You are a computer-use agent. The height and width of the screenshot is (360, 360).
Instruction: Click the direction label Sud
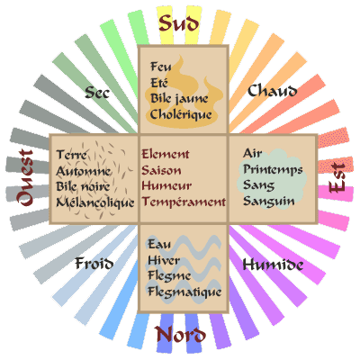click(179, 23)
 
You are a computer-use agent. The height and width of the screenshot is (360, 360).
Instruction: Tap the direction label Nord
click(180, 335)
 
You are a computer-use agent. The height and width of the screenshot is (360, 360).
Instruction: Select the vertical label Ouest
click(24, 177)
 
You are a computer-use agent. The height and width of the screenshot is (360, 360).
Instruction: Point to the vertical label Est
click(337, 177)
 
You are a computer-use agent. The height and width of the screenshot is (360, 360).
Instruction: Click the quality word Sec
click(97, 93)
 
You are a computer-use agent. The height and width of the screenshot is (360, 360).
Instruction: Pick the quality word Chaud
click(273, 90)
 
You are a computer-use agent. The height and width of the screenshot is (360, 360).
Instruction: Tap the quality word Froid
click(94, 263)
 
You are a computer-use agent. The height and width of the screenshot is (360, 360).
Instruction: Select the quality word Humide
click(273, 265)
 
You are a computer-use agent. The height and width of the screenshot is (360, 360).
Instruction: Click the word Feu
click(161, 67)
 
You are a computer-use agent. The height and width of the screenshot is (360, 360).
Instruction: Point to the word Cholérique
click(181, 114)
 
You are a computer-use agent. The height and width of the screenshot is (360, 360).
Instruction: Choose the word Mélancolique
click(95, 202)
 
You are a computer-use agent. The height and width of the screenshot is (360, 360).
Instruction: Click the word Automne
click(84, 171)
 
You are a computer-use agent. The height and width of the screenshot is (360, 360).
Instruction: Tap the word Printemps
click(273, 170)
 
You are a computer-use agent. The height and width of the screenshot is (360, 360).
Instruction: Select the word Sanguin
click(269, 201)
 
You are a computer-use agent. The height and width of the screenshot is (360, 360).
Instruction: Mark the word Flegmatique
click(184, 292)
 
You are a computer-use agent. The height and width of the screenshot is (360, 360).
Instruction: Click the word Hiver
click(164, 260)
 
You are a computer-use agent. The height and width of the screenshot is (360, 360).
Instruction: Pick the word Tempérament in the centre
click(184, 202)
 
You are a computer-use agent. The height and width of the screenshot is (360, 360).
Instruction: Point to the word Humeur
click(166, 185)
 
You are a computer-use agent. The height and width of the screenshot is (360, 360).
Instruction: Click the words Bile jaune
click(179, 98)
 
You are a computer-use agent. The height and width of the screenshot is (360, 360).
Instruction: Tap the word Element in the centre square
click(166, 154)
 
